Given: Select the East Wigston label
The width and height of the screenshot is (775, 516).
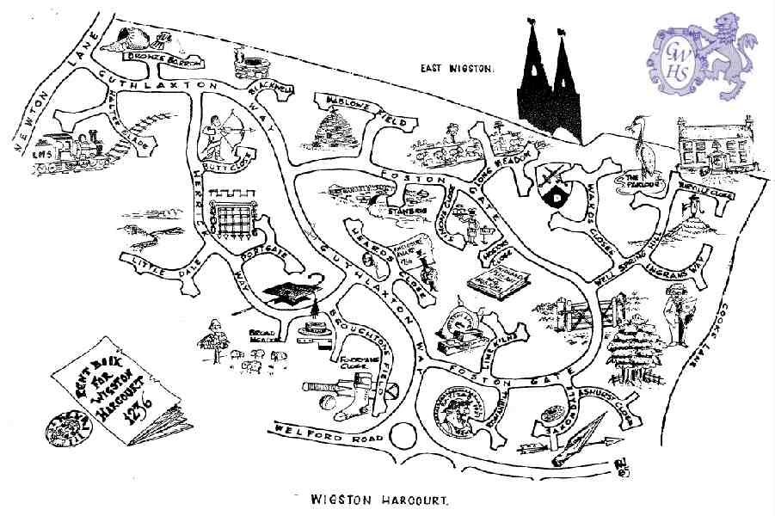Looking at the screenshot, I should [457, 68].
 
